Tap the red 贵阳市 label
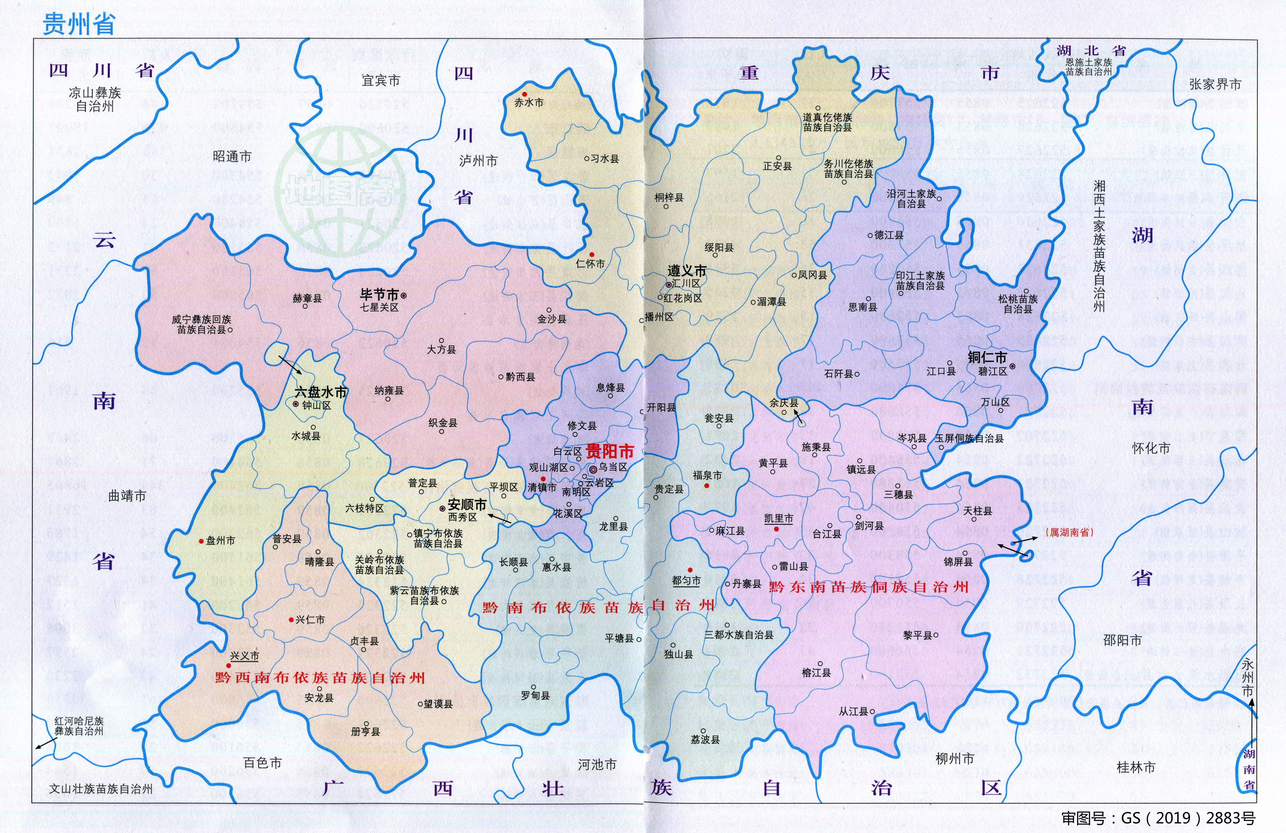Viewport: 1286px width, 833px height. [x=610, y=451]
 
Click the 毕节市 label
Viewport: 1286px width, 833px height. [x=379, y=294]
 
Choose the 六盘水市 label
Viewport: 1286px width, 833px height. [x=321, y=392]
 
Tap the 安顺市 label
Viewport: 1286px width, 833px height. [x=467, y=505]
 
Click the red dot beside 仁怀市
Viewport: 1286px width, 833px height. [x=592, y=254]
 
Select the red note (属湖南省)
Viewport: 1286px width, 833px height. [x=1070, y=532]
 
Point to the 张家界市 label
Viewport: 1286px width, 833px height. [x=1215, y=84]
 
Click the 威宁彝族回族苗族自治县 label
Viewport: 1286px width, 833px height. [x=201, y=325]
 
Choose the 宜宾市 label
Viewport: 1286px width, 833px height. [x=381, y=80]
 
